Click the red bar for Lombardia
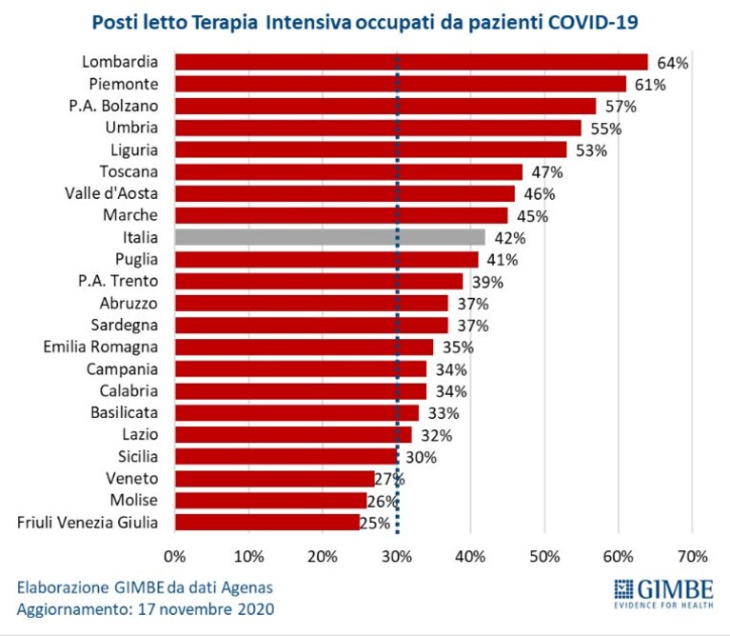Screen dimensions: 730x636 (411, 62)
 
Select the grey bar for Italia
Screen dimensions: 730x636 (330, 237)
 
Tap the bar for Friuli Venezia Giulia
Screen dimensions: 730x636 (267, 522)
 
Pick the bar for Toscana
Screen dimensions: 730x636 (348, 171)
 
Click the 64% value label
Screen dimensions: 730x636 (673, 63)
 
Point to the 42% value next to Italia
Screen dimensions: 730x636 (510, 238)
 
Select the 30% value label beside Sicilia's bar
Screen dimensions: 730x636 (421, 457)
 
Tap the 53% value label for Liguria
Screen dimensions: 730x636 (591, 150)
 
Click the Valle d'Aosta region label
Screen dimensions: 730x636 (111, 193)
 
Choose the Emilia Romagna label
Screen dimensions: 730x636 (101, 347)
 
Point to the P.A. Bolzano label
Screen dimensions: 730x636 (113, 106)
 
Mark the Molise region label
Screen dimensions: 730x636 (134, 500)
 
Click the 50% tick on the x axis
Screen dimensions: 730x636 (544, 556)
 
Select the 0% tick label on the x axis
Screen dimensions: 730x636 (174, 556)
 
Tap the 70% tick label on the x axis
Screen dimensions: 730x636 (693, 556)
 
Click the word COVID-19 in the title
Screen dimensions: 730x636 (593, 22)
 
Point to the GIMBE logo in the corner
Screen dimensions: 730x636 (663, 593)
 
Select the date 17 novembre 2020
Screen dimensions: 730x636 (207, 609)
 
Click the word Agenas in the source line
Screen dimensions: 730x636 (247, 588)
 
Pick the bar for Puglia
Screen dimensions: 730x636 (326, 259)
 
